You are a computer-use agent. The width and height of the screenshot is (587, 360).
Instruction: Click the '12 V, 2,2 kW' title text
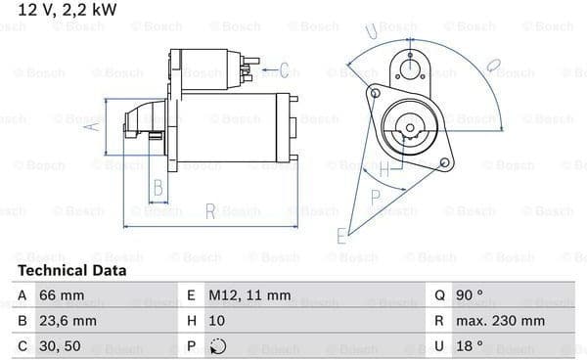point(67,10)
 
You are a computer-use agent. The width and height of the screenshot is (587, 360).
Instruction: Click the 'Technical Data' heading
point(71,270)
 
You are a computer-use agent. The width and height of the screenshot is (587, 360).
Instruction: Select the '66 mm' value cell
point(62,295)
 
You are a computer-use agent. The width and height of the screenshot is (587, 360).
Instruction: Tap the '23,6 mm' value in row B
point(68,321)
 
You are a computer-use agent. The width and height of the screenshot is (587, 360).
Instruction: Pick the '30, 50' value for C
point(60,345)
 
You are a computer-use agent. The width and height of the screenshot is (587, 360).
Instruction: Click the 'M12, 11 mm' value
point(249,295)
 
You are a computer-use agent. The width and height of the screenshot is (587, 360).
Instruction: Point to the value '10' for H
point(217,321)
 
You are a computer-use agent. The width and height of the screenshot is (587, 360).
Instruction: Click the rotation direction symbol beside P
point(218,346)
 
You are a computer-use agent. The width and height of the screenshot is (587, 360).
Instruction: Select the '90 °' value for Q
point(469,295)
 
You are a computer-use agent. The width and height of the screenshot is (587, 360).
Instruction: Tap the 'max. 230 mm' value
point(500,321)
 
